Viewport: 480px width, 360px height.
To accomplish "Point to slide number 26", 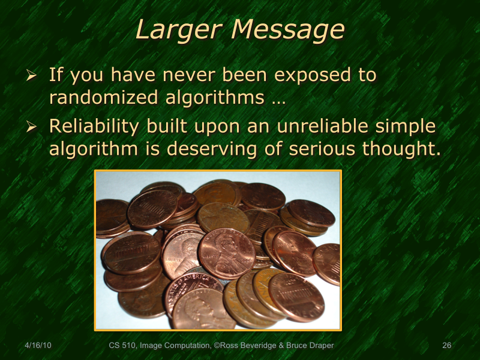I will pyautogui.click(x=446, y=346).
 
